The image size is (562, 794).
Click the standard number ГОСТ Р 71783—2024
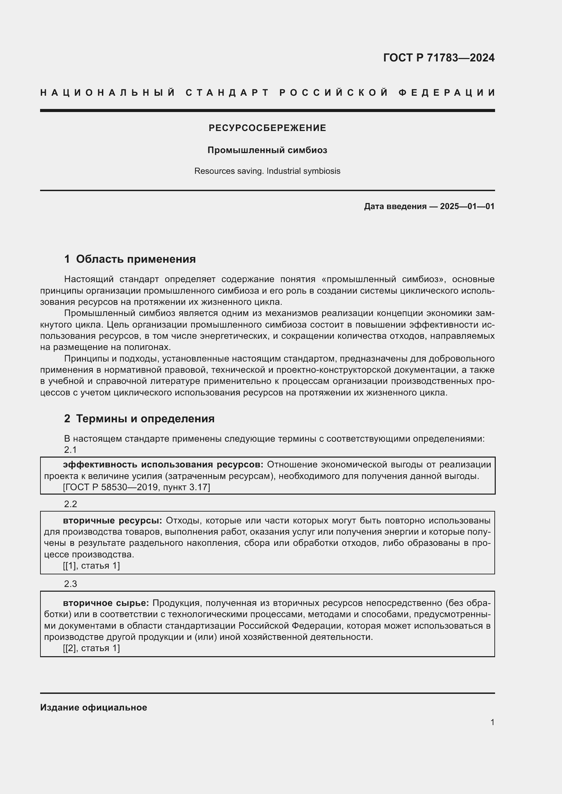coord(438,58)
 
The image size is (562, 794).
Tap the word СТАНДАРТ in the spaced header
coord(227,93)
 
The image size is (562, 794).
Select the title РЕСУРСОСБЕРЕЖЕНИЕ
coord(267,128)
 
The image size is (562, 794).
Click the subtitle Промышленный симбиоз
coord(267,150)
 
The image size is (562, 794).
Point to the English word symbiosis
coord(321,171)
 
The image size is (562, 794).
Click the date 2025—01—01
coord(467,206)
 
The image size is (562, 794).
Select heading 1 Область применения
coord(130,259)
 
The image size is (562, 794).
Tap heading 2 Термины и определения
coord(139,419)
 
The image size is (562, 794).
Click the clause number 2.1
coord(70,450)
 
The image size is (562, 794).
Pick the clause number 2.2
coord(70,504)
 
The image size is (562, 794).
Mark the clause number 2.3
coord(70,584)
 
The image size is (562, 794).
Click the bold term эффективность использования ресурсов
coord(163,465)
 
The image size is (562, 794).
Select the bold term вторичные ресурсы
coord(112,520)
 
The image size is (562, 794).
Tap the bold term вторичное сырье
coord(106,603)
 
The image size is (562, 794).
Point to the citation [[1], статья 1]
coord(91,566)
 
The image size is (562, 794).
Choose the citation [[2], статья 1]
coord(91,648)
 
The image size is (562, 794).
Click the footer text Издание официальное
coord(93,707)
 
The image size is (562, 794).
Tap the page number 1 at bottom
coord(492,722)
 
